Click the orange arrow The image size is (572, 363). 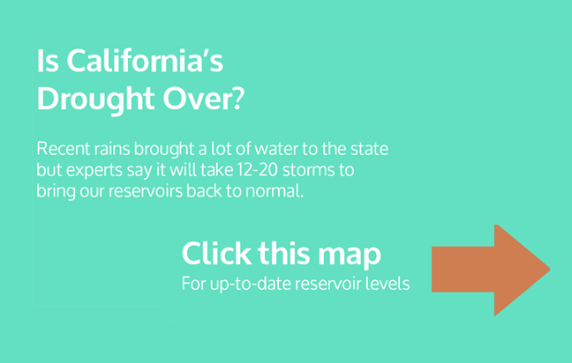click(x=491, y=270)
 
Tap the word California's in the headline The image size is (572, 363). click(x=145, y=61)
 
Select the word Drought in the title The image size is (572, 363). click(x=95, y=99)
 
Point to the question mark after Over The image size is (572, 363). click(x=237, y=99)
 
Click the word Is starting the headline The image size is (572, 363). click(x=48, y=61)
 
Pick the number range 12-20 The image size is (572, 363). click(x=257, y=170)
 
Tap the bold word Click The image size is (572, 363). click(x=216, y=254)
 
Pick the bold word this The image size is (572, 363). click(x=283, y=254)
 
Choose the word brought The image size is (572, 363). click(x=164, y=150)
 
